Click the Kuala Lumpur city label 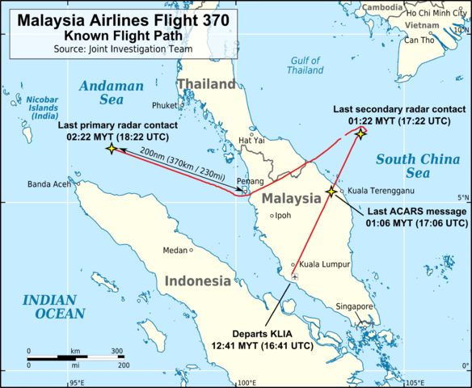(x=325, y=264)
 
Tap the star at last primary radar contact (x=110, y=150)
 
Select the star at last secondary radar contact (x=360, y=133)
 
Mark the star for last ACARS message (x=331, y=191)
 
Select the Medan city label (x=175, y=250)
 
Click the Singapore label (x=354, y=306)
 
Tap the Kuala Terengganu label (x=381, y=191)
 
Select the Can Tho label (x=419, y=40)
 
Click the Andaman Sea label (x=112, y=92)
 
